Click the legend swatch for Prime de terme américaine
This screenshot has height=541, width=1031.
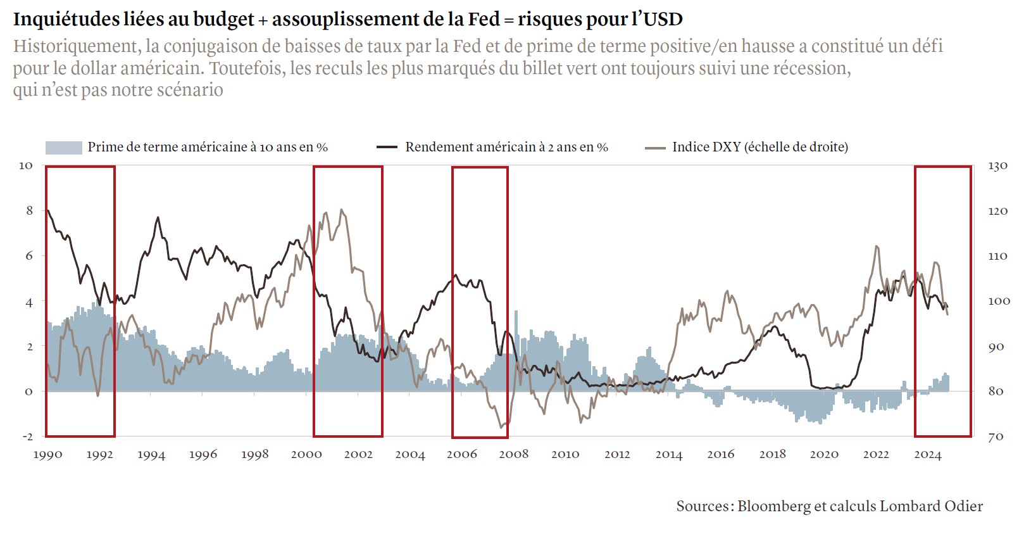[x=63, y=148]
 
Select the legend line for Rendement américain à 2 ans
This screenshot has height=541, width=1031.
[x=387, y=148]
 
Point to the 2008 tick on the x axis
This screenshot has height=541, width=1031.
[x=513, y=454]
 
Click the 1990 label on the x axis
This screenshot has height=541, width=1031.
[x=47, y=454]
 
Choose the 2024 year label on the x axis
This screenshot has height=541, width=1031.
[x=928, y=454]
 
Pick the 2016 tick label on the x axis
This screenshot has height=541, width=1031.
[x=720, y=454]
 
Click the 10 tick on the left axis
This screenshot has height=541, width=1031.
[x=26, y=165]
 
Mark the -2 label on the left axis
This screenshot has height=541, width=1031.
[x=27, y=436]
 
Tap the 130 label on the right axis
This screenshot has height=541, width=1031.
[x=997, y=166]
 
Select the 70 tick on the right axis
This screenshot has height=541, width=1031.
[x=996, y=436]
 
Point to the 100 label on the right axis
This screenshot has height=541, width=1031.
[x=999, y=301]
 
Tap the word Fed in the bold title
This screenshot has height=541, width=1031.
[x=484, y=20]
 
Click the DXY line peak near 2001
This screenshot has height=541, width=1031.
[x=342, y=210]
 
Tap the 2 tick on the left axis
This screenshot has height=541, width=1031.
[x=29, y=347]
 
